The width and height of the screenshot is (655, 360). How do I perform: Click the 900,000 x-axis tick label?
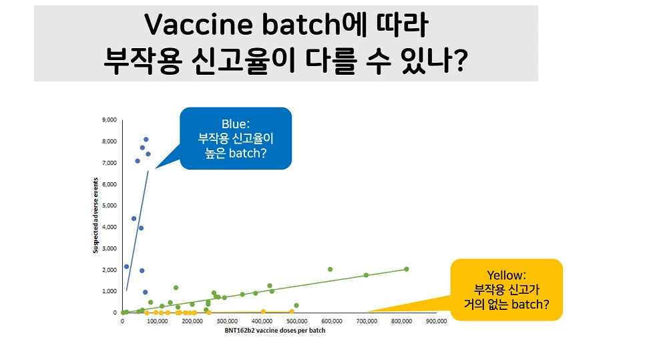pos(437,321)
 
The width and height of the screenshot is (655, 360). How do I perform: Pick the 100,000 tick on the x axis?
pos(157,321)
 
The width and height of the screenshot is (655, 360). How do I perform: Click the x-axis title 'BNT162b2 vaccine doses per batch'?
pos(280,331)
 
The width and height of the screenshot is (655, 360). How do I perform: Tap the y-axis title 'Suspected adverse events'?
pos(96,216)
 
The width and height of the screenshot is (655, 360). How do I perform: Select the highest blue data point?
pos(146,140)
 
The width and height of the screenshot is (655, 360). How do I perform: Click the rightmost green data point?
pos(407,269)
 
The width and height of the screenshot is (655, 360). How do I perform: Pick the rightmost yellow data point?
pos(292,311)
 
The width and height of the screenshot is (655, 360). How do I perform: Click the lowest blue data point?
pos(145,292)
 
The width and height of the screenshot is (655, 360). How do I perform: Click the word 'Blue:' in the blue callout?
pos(236,124)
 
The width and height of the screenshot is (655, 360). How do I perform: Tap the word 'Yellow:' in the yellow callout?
pos(506,275)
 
